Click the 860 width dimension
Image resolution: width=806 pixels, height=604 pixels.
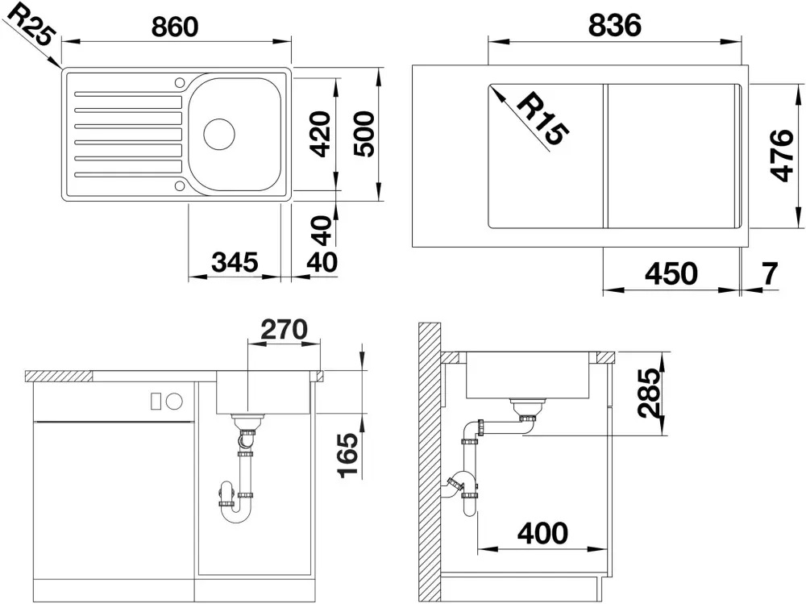175,27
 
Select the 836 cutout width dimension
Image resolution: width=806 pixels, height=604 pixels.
615,25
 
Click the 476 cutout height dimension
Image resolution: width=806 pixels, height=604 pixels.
782,156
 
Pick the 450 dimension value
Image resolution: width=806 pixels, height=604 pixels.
671,273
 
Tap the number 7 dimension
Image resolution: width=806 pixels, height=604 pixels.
770,273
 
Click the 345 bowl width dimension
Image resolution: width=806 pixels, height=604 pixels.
235,262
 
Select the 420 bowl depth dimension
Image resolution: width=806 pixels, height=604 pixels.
321,134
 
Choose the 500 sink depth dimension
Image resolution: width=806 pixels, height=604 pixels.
364,134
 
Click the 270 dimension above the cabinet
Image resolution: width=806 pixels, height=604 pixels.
285,329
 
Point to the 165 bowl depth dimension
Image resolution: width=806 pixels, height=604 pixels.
347,456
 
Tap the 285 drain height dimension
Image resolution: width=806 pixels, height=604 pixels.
648,393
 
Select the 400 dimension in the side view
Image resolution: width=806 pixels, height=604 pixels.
542,533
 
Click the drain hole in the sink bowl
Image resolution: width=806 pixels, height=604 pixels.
219,135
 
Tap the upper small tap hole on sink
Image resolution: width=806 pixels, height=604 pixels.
180,82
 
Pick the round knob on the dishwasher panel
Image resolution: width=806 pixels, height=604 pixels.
175,402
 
